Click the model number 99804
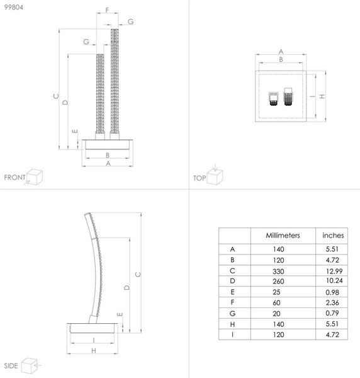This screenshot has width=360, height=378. (x=14, y=7)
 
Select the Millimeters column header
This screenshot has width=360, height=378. (x=283, y=235)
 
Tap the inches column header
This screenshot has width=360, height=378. (x=333, y=235)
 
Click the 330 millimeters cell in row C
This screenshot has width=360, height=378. (x=278, y=271)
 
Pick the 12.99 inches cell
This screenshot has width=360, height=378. (x=334, y=271)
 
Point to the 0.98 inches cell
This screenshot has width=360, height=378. (x=332, y=292)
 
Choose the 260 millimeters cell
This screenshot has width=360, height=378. (x=278, y=281)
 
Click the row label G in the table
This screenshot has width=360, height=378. (x=232, y=313)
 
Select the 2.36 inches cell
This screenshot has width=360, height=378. (x=332, y=302)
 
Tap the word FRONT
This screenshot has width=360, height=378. (x=14, y=178)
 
